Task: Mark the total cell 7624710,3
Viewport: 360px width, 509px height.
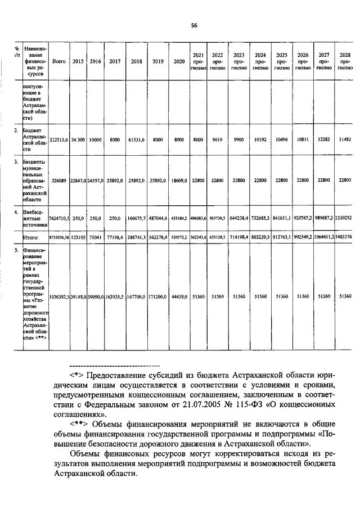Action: [58, 217]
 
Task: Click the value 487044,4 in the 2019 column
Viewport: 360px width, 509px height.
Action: [157, 217]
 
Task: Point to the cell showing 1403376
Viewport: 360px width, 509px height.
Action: [346, 237]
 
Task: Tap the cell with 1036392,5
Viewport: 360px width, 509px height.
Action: [59, 296]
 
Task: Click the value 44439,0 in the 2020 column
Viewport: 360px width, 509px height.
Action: [179, 296]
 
